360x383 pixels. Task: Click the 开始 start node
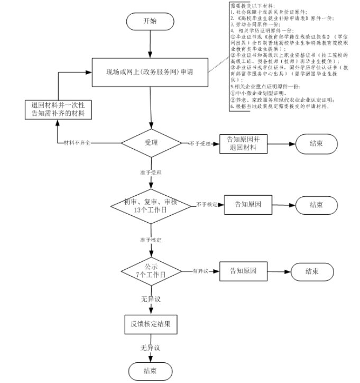point(151,21)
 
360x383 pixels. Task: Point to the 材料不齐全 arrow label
point(77,143)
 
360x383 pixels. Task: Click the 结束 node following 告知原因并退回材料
point(317,143)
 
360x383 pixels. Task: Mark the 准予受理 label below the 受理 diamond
point(151,173)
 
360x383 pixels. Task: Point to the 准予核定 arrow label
point(151,240)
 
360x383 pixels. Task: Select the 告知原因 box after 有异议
point(243,271)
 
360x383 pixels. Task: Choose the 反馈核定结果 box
point(151,323)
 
